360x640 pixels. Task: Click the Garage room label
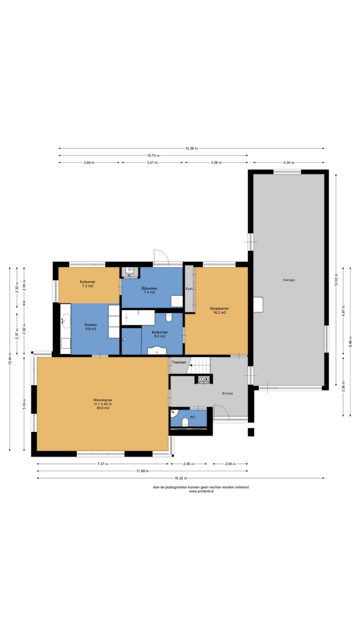point(288,280)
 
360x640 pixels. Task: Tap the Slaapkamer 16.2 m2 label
point(220,311)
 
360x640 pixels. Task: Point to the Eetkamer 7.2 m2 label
point(88,284)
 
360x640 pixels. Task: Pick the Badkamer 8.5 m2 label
point(160,334)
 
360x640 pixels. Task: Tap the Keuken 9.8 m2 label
point(91,327)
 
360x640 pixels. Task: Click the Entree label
point(228,393)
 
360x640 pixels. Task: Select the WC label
point(192,417)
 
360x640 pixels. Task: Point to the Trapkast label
point(179,362)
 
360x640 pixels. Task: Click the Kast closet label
point(189,288)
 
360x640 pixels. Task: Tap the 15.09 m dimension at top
point(192,148)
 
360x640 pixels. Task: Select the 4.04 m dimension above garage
point(288,163)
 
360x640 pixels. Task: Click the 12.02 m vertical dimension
point(336,280)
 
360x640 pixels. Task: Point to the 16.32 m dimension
point(180,478)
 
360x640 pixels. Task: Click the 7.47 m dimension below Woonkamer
point(103,464)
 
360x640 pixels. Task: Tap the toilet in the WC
point(185,423)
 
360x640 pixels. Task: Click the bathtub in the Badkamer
point(138,318)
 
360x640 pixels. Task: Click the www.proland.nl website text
point(201,491)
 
